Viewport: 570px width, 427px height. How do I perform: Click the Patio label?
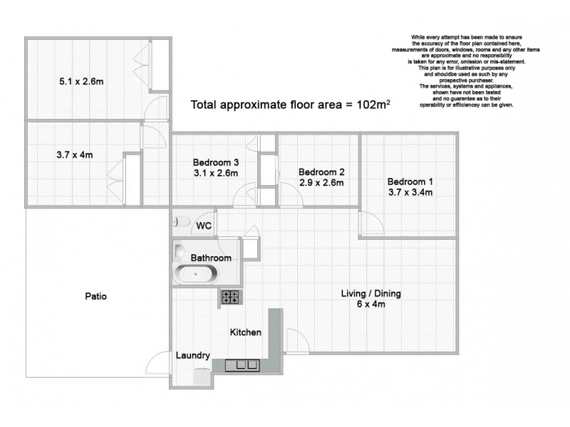pos(95,296)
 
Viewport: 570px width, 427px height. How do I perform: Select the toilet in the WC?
pos(179,222)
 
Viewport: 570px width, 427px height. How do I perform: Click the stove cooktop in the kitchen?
pos(229,297)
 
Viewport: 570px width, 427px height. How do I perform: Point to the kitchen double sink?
pos(243,366)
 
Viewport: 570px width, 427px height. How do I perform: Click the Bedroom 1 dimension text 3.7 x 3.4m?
pos(409,193)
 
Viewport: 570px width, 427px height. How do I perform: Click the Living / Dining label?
pos(370,293)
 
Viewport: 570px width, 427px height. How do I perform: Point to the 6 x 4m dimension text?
pos(370,305)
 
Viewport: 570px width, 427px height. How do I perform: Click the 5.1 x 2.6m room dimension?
pos(81,81)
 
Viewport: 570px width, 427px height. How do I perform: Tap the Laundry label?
pos(192,356)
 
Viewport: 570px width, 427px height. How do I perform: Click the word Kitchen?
pos(245,332)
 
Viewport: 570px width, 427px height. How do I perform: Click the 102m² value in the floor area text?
pos(375,105)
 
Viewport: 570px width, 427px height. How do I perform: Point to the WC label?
pos(204,226)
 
